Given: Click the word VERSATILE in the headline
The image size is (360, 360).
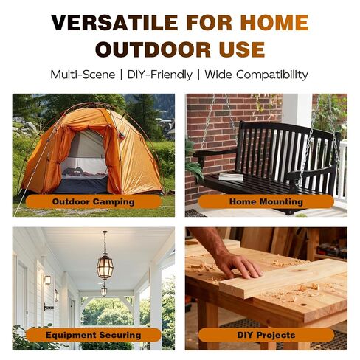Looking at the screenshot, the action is [114, 23].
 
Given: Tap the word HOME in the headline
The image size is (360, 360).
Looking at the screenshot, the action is [274, 23].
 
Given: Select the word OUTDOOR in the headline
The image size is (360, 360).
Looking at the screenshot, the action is [153, 49].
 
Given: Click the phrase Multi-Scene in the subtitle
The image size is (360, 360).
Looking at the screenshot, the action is [83, 75].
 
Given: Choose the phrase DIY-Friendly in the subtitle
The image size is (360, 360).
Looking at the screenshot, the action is [160, 75].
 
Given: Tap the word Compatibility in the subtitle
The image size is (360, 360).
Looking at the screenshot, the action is [272, 75].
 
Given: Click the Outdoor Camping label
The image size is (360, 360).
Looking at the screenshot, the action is [94, 201].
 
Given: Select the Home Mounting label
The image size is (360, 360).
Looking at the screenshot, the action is [266, 201].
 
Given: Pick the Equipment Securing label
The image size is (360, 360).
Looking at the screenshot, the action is [94, 335].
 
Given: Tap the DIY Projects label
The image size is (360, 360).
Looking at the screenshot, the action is [266, 335].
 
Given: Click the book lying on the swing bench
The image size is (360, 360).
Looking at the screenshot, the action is [231, 176].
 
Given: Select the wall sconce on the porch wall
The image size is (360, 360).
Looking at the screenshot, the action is [47, 280].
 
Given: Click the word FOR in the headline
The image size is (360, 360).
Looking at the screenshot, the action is [209, 23].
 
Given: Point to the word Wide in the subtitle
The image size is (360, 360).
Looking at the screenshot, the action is [218, 75].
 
